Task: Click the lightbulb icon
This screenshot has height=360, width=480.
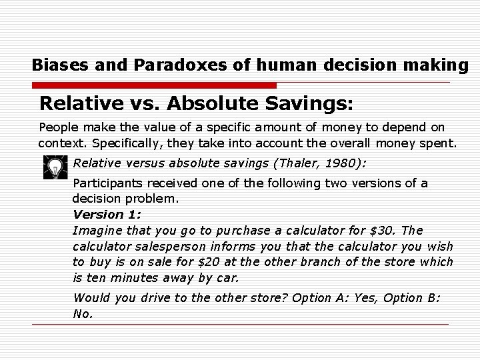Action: pyautogui.click(x=55, y=167)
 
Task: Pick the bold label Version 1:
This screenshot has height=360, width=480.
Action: pyautogui.click(x=107, y=215)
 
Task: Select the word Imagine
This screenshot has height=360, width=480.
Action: pyautogui.click(x=95, y=231)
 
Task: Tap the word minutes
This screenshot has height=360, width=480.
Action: pyautogui.click(x=135, y=278)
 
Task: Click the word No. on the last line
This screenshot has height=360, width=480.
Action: pyautogui.click(x=83, y=313)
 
